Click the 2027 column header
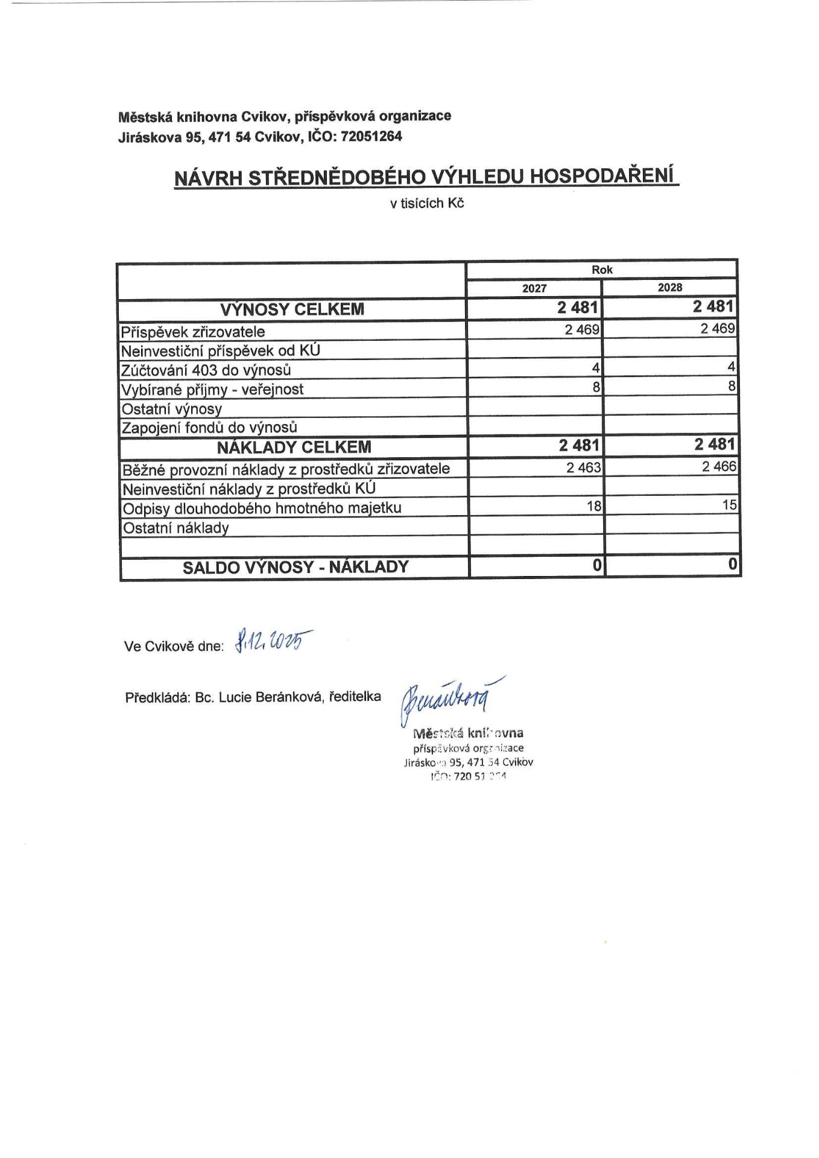click(534, 288)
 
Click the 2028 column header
click(669, 288)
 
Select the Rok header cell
click(602, 270)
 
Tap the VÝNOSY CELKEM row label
click(292, 310)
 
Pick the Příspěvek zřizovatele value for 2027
click(582, 329)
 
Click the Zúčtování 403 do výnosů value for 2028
click(731, 367)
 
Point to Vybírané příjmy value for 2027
click(596, 387)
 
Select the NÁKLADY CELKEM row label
click(294, 448)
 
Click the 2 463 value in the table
click(584, 467)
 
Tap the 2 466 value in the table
click(719, 466)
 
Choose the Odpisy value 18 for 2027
click(594, 505)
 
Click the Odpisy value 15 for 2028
click(729, 505)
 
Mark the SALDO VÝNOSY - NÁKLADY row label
click(296, 567)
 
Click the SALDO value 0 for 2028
click(732, 565)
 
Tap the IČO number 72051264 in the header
click(371, 136)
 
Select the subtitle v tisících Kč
click(426, 204)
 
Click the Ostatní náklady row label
click(176, 528)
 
